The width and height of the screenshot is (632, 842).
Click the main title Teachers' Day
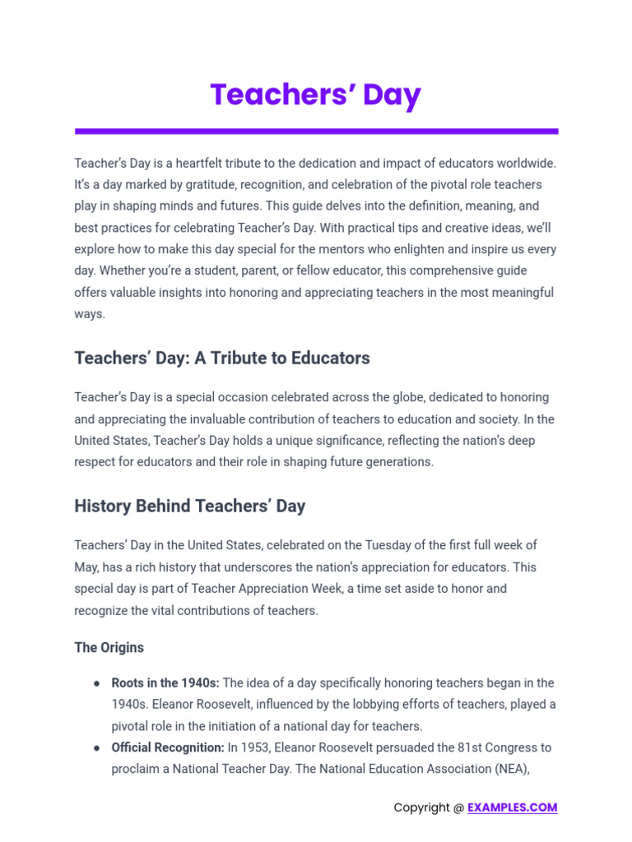click(x=315, y=95)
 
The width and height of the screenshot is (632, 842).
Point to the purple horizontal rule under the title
click(x=316, y=131)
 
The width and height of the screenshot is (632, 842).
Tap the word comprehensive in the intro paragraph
click(x=383, y=271)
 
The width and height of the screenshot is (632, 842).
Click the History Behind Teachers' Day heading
click(x=189, y=506)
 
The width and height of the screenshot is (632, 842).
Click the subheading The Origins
click(x=109, y=648)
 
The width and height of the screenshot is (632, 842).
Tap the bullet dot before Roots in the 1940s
click(x=97, y=683)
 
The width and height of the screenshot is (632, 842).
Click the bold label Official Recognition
click(x=168, y=748)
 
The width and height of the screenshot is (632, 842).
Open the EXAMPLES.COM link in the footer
click(x=512, y=807)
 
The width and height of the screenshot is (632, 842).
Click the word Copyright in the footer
click(x=422, y=807)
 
